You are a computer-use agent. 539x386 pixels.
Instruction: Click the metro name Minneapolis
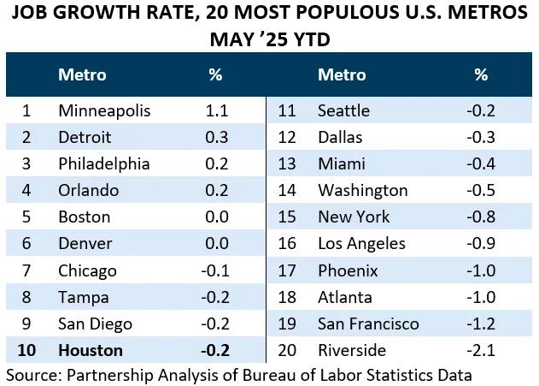(x=104, y=110)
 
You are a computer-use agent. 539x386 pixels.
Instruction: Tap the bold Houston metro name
(x=91, y=350)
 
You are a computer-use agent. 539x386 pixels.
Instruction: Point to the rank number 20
(x=287, y=350)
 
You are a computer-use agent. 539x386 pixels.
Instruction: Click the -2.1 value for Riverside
(x=480, y=350)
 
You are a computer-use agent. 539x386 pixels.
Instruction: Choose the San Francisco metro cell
(x=368, y=324)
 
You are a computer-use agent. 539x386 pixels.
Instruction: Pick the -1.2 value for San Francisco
(x=480, y=324)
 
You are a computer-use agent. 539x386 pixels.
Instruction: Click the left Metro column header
(x=82, y=74)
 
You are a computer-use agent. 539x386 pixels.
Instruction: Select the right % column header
(x=481, y=74)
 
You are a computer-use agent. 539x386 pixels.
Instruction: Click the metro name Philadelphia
(x=104, y=163)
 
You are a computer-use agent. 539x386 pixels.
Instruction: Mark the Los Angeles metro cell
(x=361, y=244)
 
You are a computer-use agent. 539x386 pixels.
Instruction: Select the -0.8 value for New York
(x=480, y=217)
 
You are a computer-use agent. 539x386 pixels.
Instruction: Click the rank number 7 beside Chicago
(x=26, y=270)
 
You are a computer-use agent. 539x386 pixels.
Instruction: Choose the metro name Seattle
(x=343, y=110)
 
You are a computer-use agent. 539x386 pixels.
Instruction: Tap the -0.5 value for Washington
(x=480, y=190)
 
